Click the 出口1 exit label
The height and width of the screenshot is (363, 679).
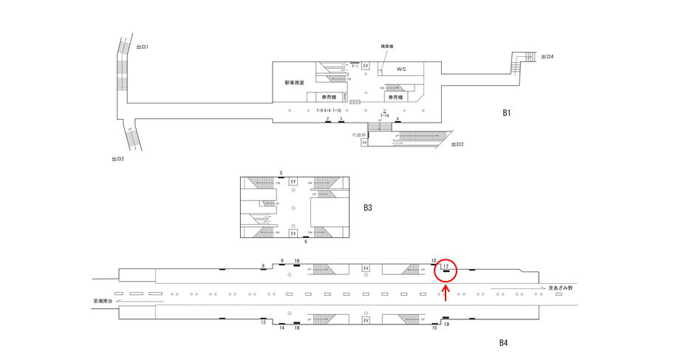(143, 47)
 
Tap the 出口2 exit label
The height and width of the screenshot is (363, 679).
(118, 159)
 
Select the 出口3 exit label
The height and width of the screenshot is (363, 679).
(457, 144)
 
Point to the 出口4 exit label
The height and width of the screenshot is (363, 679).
(547, 57)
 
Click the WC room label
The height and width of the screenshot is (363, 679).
(401, 69)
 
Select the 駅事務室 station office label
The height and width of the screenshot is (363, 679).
(295, 83)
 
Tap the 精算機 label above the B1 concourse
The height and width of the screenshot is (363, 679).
(386, 47)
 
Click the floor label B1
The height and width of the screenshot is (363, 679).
(507, 113)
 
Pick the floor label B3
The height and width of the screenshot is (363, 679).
(368, 208)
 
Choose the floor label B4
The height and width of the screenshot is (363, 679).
(503, 343)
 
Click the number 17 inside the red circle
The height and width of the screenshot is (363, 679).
(446, 266)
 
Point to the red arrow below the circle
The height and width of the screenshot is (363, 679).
(446, 293)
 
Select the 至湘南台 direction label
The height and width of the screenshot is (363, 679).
(105, 301)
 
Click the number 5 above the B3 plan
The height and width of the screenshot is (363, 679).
(281, 173)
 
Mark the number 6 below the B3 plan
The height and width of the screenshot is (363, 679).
(306, 242)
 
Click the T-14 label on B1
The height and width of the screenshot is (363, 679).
(384, 116)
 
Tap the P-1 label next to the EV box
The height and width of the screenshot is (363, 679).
(355, 67)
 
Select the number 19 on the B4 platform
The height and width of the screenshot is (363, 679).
(446, 325)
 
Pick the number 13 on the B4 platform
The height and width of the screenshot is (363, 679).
(263, 322)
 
